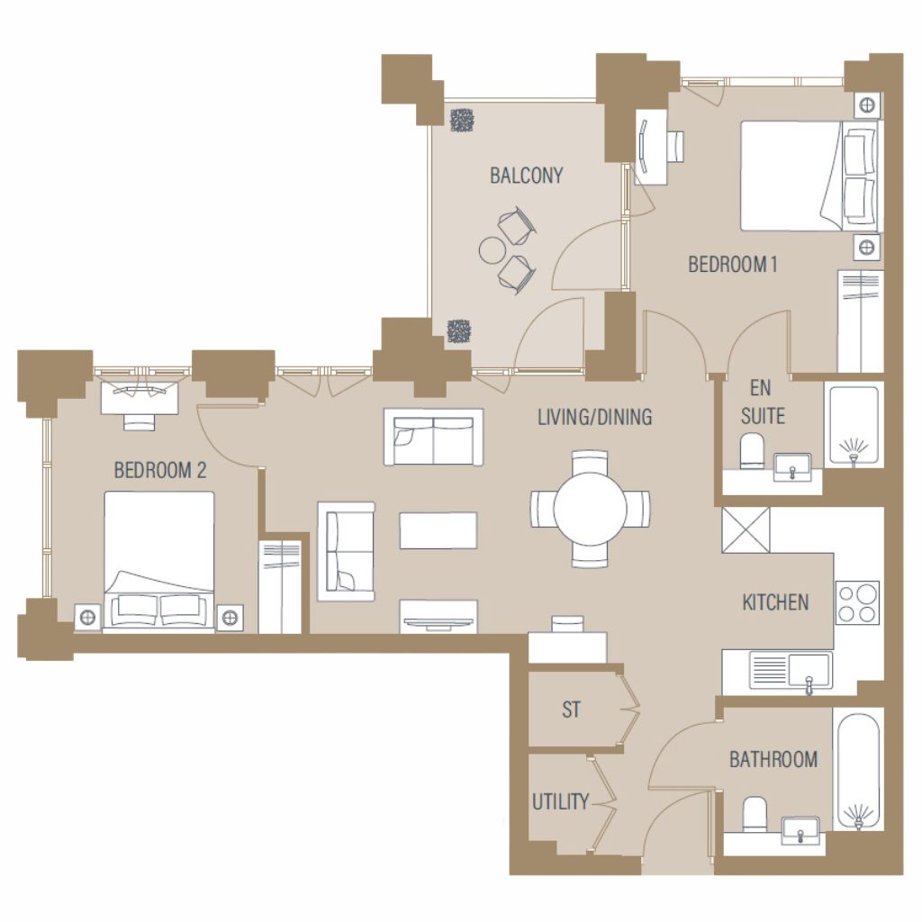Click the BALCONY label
pos(526,176)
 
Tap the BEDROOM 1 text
pos(733,265)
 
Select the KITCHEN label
pos(775,602)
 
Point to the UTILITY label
pos(560,801)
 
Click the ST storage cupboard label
pos(571,710)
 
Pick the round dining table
pos(591,510)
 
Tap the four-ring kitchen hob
pos(857,602)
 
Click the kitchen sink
pos(791,671)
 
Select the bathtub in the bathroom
pos(858,772)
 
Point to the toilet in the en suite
pos(752,450)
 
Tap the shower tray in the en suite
pos(854,425)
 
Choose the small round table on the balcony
pos(493,250)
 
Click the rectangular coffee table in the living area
pos(438,530)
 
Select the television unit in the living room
pos(438,616)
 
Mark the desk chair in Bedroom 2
pos(140,421)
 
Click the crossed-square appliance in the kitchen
pos(746,530)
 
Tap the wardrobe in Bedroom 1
pos(860,321)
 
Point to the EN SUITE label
pos(762,402)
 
